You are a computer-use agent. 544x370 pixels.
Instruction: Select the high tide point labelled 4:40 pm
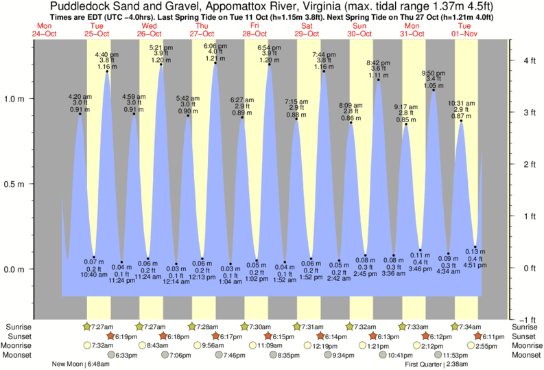pos(106,71)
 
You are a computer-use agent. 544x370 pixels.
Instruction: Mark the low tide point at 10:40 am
pos(94,257)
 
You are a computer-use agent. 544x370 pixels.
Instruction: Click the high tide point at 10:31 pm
pos(461,121)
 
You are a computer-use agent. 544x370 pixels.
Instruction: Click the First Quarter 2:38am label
pos(437,365)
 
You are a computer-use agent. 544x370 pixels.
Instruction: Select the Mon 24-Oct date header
pos(45,30)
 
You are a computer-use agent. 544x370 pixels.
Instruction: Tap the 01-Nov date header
pos(466,34)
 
